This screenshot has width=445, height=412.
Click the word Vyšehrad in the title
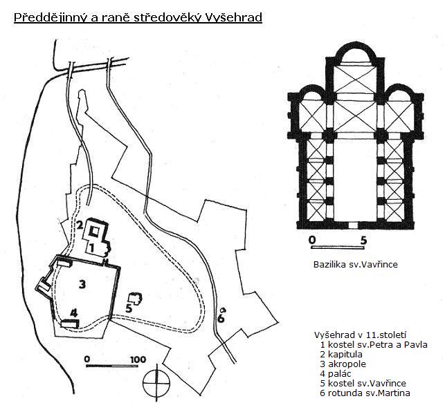(232, 17)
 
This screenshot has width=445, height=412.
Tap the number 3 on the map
(82, 283)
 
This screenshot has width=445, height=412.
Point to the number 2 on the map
(80, 225)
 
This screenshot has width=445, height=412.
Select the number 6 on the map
(221, 319)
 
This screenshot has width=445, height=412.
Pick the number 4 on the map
(73, 312)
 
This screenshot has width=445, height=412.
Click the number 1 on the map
(91, 247)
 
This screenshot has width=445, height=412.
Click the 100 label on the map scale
(137, 359)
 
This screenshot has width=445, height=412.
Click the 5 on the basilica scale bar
(364, 241)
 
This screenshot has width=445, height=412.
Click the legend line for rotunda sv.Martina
(365, 393)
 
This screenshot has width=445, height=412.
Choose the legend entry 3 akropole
(343, 364)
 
